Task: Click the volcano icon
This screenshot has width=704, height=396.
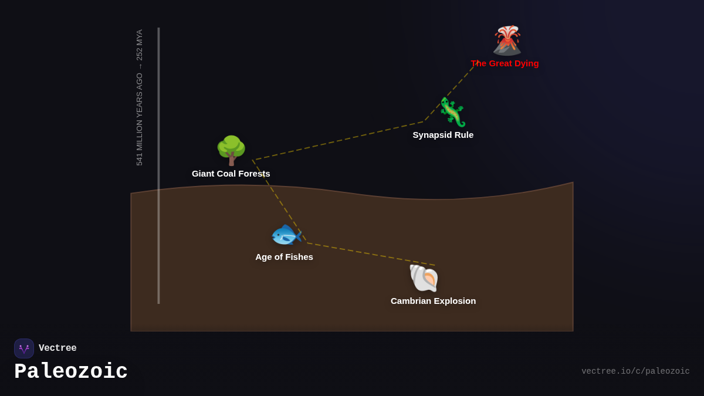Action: [x=507, y=40]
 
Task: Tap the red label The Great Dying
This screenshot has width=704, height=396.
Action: [x=505, y=63]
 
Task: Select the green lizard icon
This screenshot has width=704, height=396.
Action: [x=452, y=112]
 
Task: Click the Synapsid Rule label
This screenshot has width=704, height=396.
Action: [x=443, y=135]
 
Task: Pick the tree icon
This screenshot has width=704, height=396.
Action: [x=231, y=150]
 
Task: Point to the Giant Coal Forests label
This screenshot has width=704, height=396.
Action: [x=231, y=174]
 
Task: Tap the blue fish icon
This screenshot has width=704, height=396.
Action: [x=286, y=235]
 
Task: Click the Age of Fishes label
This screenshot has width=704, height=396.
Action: [x=284, y=257]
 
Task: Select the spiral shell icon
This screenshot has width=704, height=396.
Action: [x=424, y=278]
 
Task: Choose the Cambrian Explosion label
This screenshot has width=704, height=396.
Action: [x=433, y=301]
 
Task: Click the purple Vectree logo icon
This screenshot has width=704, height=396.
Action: [x=24, y=348]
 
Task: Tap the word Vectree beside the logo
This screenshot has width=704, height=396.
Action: [x=57, y=348]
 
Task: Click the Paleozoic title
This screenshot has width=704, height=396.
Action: [x=71, y=372]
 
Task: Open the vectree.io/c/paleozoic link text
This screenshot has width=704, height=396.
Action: [x=635, y=371]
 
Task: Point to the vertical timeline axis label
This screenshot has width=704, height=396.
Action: [x=140, y=97]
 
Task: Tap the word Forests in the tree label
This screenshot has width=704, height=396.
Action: [x=253, y=174]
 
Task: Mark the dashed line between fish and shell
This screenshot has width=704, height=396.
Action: [x=370, y=254]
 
